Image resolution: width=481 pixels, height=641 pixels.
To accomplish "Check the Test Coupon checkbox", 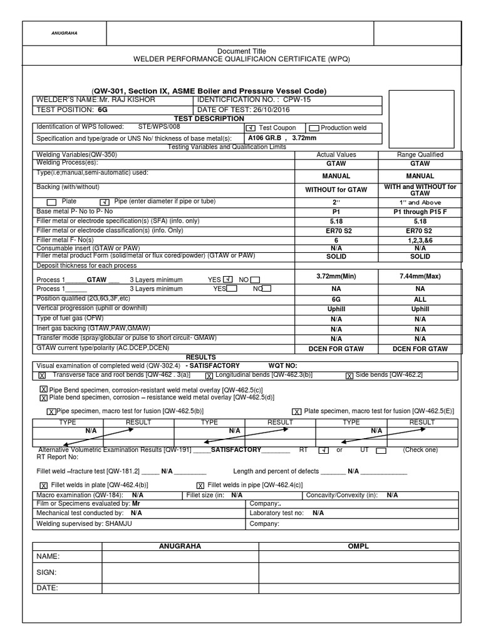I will pos(250,128).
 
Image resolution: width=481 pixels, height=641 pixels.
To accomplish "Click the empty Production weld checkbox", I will pos(314,128).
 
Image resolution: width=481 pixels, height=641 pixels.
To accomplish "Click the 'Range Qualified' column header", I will pos(420,155).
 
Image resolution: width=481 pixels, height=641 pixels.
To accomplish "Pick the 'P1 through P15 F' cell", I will pos(420,212).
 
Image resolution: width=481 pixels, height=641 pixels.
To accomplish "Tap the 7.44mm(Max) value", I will pos(420,276).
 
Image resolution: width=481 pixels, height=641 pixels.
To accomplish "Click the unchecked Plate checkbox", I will pos(51,202).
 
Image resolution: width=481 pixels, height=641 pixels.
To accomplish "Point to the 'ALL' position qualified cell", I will pos(420,300).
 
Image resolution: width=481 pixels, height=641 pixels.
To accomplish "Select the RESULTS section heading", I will pos(201,357).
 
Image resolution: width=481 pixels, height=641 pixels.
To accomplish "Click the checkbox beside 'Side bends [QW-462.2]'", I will pos(349,376).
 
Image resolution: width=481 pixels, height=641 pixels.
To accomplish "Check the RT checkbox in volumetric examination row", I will pos(323,450).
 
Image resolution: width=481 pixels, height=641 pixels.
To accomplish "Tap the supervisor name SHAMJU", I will pos(119,523).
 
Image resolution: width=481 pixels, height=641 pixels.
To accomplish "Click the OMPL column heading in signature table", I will pos(358,546).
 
